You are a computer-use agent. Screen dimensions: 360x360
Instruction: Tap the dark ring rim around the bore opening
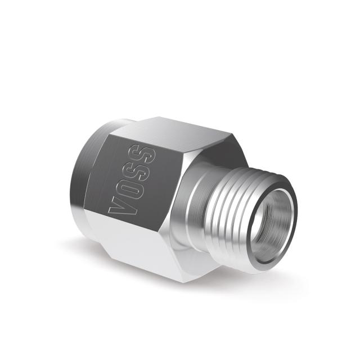pos(291,225)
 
